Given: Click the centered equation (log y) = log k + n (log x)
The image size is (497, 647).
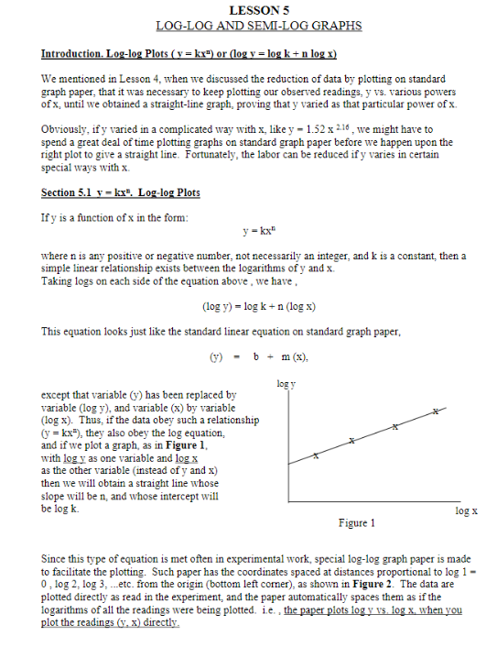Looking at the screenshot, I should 259,306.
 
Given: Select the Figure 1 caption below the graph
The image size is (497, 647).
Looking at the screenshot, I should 355,523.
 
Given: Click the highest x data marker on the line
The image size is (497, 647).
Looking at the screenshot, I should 437,414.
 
